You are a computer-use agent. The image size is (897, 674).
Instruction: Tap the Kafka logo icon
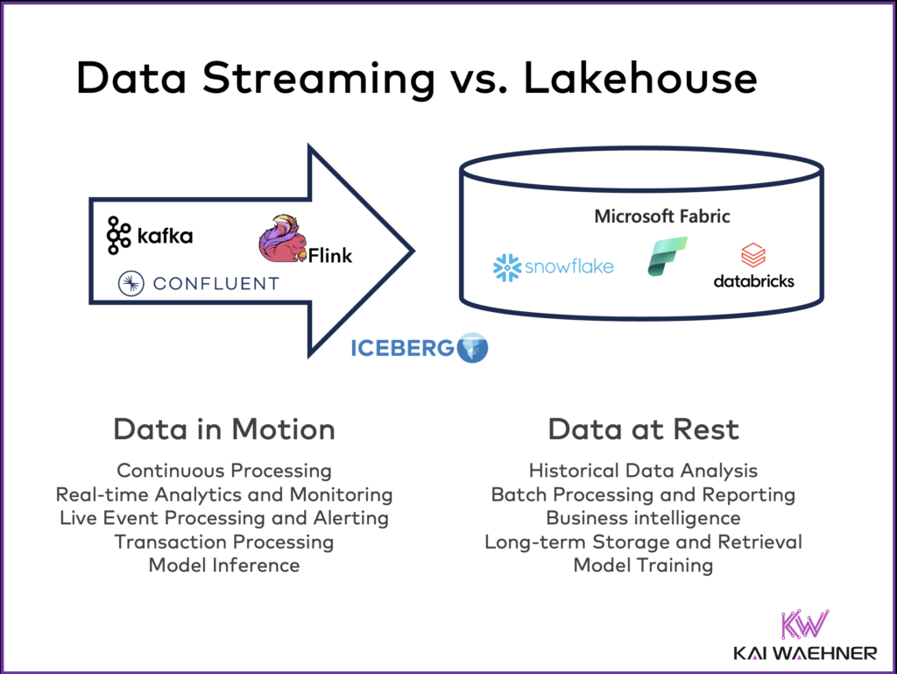tap(119, 235)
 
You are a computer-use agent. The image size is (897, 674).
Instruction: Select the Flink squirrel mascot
tap(282, 238)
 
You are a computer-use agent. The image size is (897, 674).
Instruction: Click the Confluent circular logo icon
tap(131, 282)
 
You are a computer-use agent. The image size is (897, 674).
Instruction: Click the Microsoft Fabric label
tap(661, 216)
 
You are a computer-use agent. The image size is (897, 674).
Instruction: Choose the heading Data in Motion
tap(224, 429)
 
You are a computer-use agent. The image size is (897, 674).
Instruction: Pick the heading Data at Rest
tap(644, 429)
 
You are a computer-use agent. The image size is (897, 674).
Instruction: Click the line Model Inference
tap(224, 565)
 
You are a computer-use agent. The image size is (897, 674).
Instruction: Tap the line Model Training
tap(643, 565)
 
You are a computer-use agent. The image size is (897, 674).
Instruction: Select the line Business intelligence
tap(643, 518)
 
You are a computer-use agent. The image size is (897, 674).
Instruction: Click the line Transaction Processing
tap(224, 542)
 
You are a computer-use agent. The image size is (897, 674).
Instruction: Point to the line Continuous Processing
tap(224, 471)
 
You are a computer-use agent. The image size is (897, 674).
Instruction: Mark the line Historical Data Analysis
tap(643, 471)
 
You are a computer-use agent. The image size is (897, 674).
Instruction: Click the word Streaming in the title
tap(320, 79)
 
